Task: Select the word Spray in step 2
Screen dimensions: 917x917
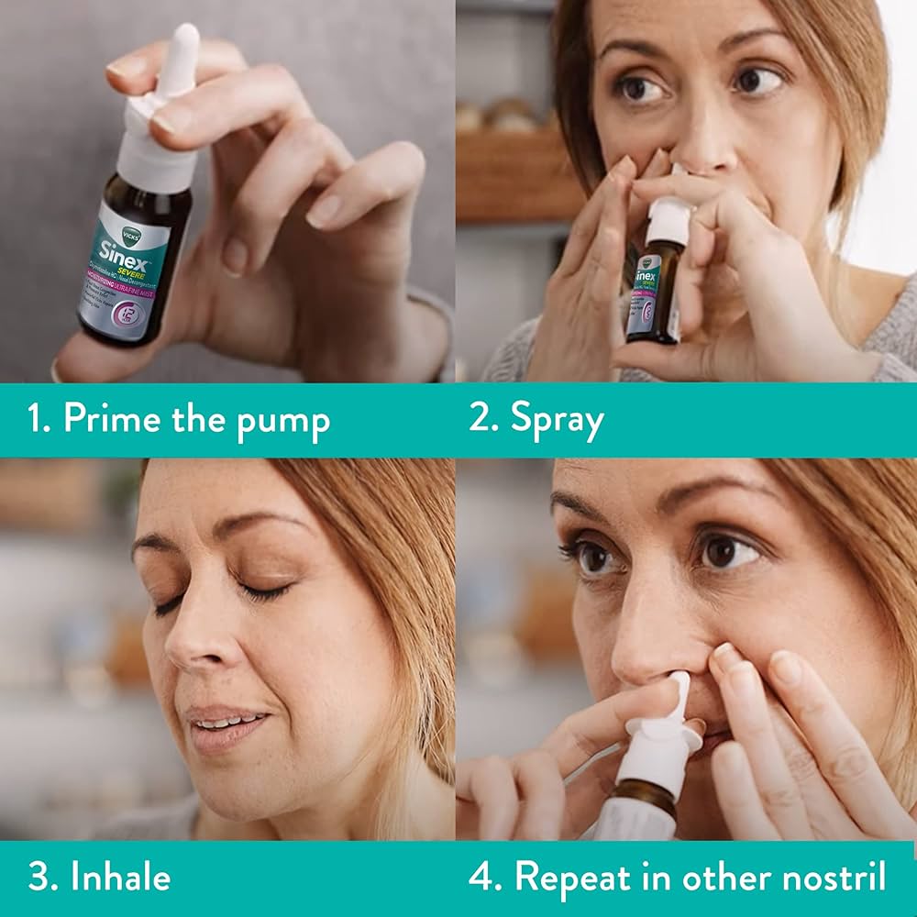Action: pyautogui.click(x=558, y=420)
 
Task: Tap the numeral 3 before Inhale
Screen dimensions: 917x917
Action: pyautogui.click(x=38, y=877)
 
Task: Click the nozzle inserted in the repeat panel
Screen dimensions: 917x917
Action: pyautogui.click(x=679, y=693)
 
